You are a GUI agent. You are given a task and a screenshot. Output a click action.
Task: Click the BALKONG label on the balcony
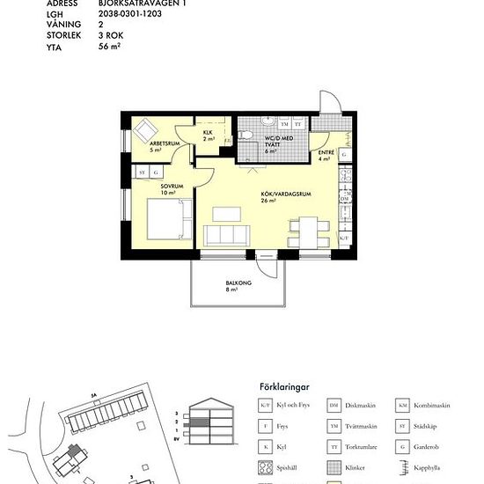(x=238, y=283)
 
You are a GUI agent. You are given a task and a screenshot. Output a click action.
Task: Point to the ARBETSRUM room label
(x=165, y=143)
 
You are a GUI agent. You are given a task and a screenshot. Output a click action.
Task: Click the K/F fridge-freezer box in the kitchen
(x=345, y=238)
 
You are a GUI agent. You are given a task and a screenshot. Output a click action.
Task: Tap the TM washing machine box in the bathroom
(x=284, y=125)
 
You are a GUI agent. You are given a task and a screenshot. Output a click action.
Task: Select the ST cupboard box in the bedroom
(x=141, y=173)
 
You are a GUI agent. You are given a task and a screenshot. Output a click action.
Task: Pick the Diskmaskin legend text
(x=362, y=406)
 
